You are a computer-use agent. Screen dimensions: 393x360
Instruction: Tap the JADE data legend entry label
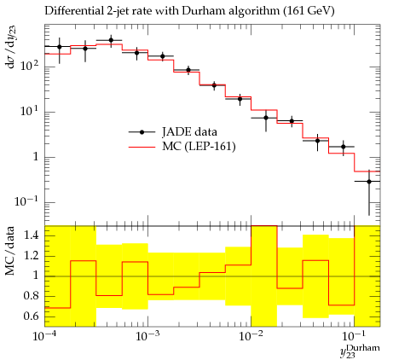189,131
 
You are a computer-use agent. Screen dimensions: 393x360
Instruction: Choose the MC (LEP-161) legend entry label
199,147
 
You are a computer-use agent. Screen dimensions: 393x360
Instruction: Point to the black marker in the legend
142,132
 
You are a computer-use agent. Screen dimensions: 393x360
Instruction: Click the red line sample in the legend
142,147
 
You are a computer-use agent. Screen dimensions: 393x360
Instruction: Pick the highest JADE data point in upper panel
111,40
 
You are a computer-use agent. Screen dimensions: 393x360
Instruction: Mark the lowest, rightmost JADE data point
369,182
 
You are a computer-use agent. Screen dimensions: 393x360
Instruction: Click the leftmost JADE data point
60,47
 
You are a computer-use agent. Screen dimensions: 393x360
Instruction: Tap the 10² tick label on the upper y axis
30,66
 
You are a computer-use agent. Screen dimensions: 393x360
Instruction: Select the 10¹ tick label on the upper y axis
30,111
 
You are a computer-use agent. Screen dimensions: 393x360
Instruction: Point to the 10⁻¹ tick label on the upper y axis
27,201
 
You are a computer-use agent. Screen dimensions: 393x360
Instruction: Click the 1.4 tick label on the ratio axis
32,236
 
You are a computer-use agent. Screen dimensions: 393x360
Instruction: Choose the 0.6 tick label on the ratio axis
32,316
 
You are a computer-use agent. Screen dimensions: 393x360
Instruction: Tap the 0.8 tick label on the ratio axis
32,296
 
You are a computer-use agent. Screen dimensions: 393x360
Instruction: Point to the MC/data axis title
9,251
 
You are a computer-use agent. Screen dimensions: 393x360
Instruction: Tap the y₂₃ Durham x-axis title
360,351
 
